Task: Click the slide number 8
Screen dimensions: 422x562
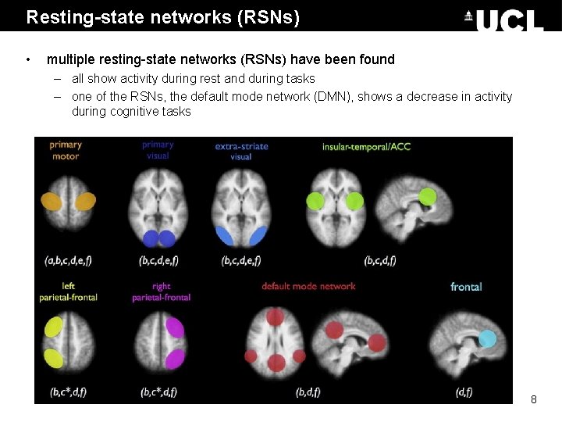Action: [x=534, y=399]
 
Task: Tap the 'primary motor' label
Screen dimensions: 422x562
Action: [x=65, y=150]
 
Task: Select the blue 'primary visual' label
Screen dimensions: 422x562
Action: [x=158, y=150]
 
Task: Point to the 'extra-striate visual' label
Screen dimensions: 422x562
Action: [x=241, y=151]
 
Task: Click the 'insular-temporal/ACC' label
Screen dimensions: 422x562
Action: [x=366, y=146]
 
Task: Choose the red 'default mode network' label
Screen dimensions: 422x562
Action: [x=308, y=286]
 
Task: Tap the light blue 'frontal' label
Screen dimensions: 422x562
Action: [x=466, y=287]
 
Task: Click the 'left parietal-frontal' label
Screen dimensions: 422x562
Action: [x=69, y=291]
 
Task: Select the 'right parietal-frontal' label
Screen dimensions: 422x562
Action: [x=161, y=291]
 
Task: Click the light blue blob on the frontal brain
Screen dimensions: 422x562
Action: [x=487, y=338]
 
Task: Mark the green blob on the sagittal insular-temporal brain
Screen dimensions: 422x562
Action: [x=427, y=197]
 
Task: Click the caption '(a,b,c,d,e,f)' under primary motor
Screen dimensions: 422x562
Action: [x=69, y=260]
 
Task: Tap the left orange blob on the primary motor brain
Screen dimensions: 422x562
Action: [x=52, y=202]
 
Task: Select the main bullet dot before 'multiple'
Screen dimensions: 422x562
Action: [x=29, y=59]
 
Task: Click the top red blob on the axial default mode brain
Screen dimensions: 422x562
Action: [x=275, y=316]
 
